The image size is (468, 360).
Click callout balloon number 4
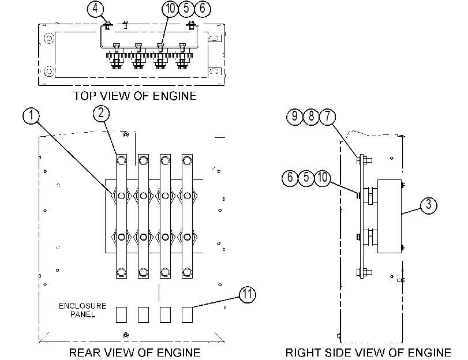(95, 8)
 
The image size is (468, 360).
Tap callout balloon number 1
(31, 116)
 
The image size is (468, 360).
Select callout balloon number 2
(101, 114)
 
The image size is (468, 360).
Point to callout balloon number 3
(429, 205)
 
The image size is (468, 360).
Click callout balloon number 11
(248, 295)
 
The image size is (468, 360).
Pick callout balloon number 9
(294, 117)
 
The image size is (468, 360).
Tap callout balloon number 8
(311, 117)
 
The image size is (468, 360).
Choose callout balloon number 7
(327, 117)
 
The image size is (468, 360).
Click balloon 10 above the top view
(170, 9)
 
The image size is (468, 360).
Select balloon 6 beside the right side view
(290, 178)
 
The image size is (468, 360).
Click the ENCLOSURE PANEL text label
(83, 310)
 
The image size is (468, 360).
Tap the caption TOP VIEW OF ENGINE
(135, 96)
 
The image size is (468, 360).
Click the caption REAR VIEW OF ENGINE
(134, 352)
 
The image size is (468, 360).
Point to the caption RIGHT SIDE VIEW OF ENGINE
(368, 352)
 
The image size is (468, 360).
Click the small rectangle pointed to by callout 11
(187, 314)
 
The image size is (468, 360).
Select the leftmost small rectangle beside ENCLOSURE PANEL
(121, 314)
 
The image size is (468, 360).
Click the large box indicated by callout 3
(389, 216)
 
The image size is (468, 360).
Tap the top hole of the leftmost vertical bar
(121, 161)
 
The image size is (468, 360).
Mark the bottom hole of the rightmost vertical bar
(187, 272)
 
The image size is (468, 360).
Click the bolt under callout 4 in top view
(108, 25)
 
